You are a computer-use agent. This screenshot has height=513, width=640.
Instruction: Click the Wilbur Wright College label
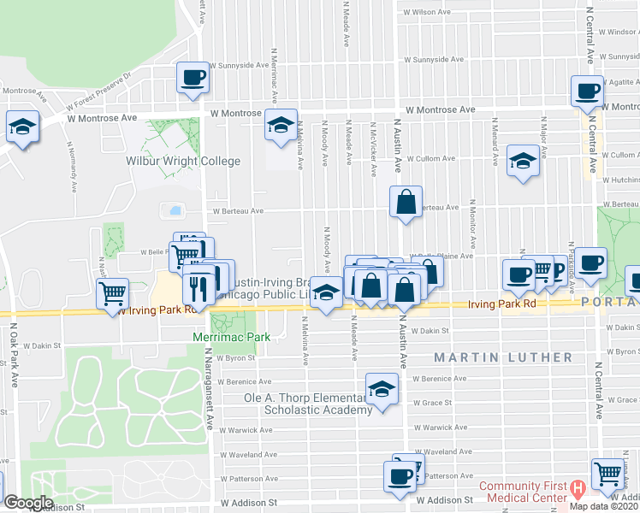pyautogui.click(x=183, y=161)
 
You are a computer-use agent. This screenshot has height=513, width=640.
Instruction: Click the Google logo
pyautogui.click(x=28, y=503)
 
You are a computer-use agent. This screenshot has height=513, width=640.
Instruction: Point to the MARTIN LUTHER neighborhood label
pyautogui.click(x=502, y=357)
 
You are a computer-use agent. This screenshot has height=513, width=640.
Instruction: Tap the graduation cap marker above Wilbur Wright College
pyautogui.click(x=281, y=125)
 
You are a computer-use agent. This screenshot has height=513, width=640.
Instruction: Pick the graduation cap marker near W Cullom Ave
pyautogui.click(x=522, y=162)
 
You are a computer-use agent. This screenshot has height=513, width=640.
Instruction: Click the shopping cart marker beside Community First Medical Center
pyautogui.click(x=607, y=472)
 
